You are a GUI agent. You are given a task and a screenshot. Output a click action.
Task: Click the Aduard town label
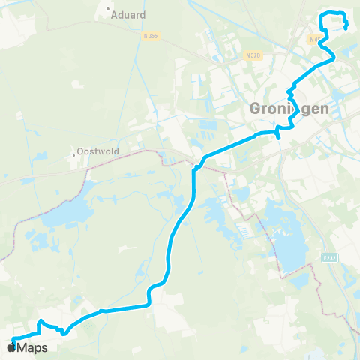point(129,14)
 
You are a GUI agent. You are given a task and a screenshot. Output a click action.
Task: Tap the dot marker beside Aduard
point(109,10)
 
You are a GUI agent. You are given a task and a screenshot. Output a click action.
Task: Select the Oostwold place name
point(96,151)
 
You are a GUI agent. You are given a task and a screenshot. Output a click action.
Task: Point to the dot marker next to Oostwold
point(73,154)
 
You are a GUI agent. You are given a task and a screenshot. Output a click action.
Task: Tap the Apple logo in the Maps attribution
point(10,347)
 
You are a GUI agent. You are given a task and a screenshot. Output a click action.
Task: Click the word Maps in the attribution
point(33,347)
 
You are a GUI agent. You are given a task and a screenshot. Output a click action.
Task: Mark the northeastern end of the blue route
point(346,28)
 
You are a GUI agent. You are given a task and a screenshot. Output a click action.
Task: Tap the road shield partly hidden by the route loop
point(314,40)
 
